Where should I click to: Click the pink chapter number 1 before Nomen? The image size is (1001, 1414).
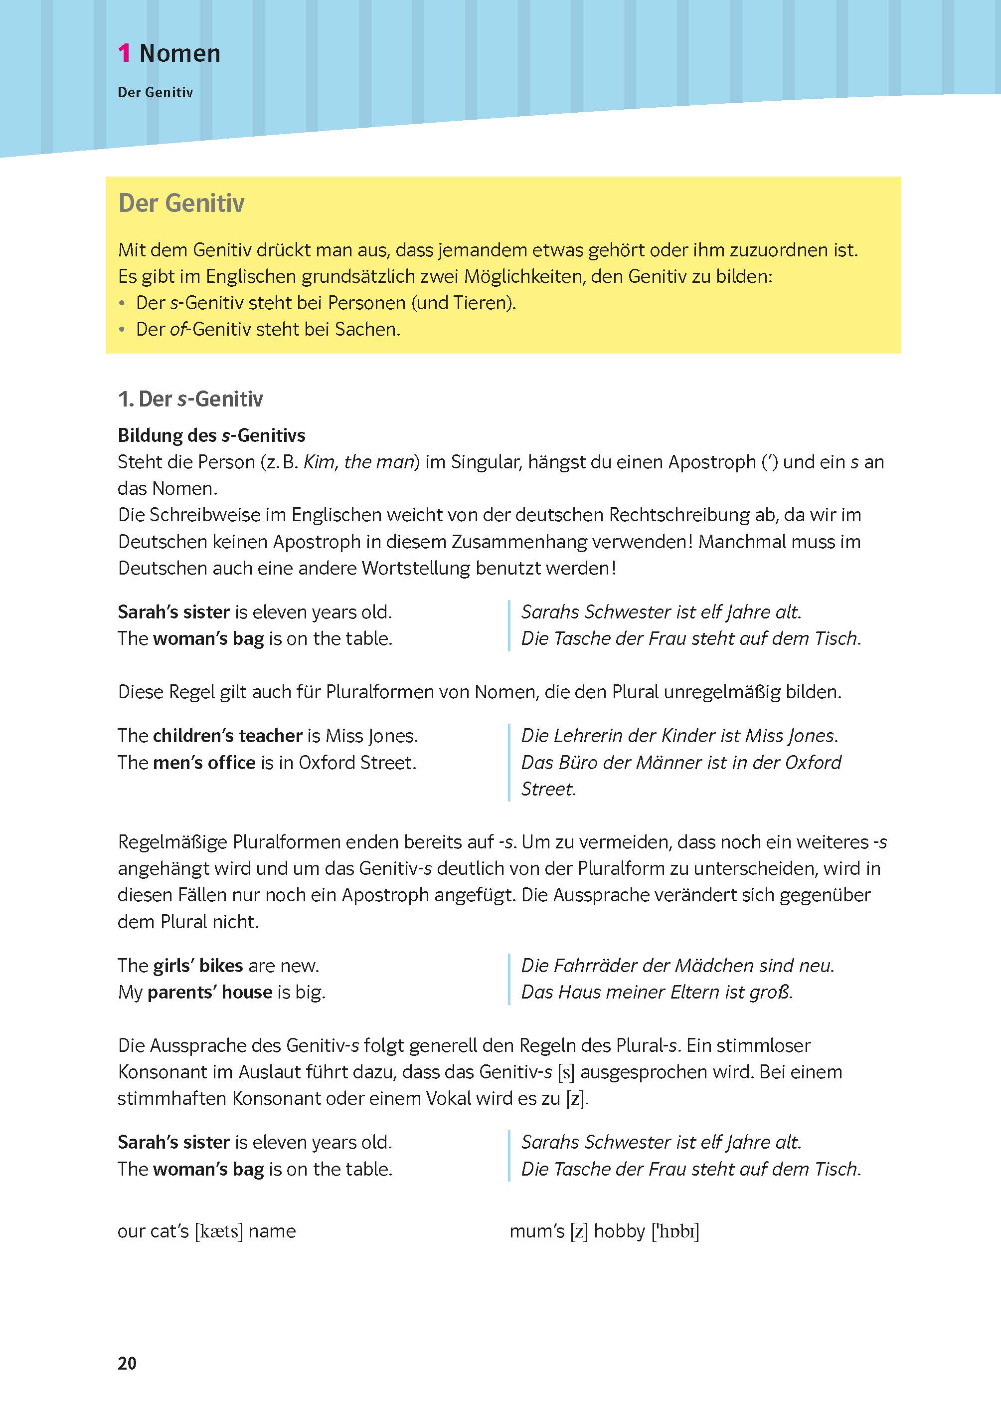coord(124,54)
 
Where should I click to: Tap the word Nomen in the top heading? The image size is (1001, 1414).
coord(179,54)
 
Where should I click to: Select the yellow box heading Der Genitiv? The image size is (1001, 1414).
coord(181,203)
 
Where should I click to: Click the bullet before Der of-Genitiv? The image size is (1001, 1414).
coord(122,330)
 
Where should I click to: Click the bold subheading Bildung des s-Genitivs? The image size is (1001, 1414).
coord(211,435)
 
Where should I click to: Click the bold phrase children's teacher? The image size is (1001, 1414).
coord(227,736)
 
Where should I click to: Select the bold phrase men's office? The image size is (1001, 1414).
coord(204,763)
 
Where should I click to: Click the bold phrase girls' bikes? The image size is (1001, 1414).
coord(198,966)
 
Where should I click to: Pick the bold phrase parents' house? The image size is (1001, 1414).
coord(209,992)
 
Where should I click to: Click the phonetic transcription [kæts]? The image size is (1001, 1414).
coord(219,1231)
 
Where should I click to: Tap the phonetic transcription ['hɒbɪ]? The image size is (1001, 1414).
coord(675,1231)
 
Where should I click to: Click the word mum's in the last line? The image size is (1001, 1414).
coord(537,1231)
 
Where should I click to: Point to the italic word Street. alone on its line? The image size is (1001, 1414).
coord(548,790)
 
